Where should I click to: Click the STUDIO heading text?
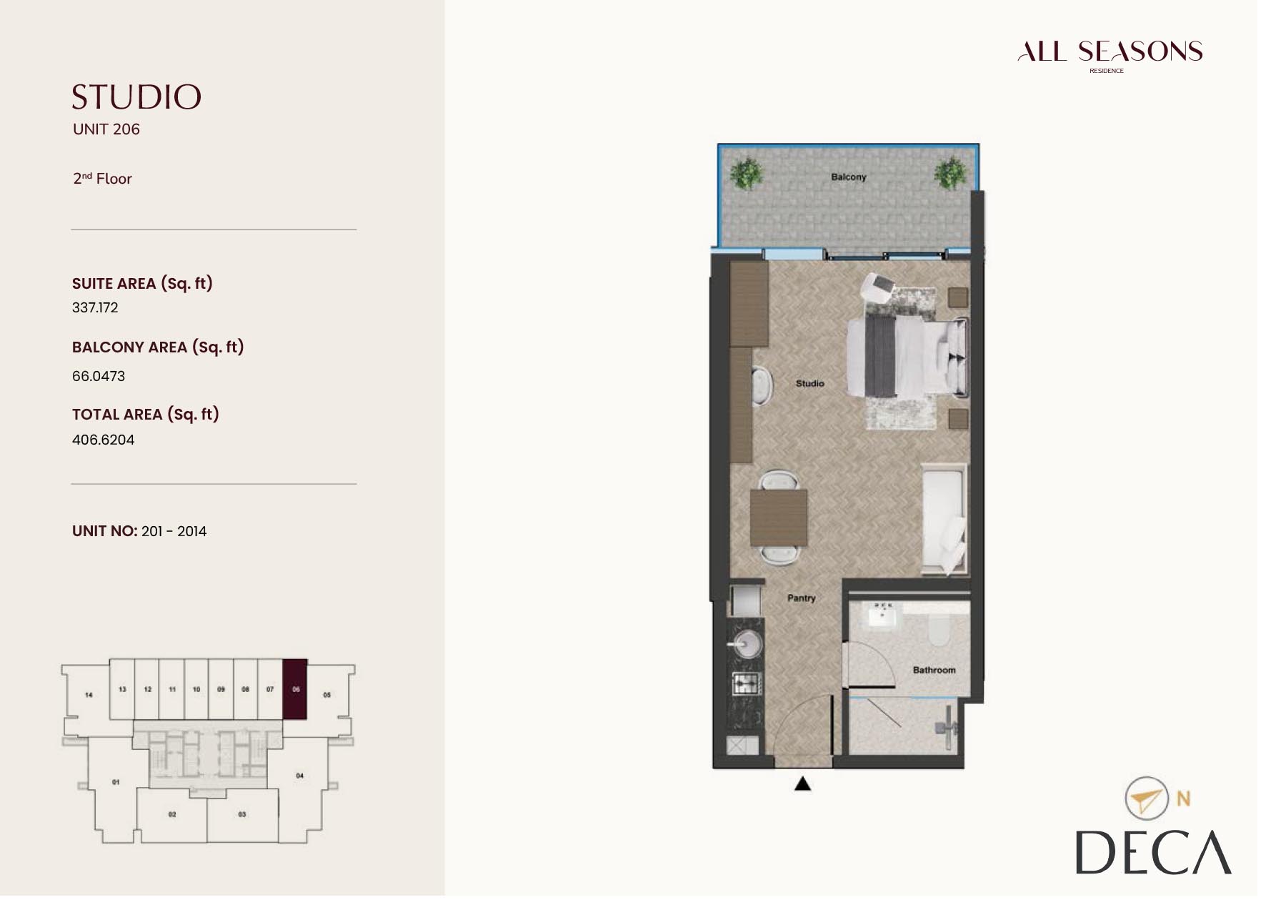coord(136,97)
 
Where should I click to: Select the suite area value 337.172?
coord(95,307)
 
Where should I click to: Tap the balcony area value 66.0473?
coord(99,376)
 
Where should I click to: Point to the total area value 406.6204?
coord(103,440)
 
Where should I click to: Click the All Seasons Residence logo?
coord(1110,54)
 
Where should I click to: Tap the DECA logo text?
coord(1152,852)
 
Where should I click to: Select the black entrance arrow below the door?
coord(802,784)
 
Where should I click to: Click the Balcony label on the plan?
coord(848,177)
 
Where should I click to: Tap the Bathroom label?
coord(933,670)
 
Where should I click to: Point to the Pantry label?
coord(801,598)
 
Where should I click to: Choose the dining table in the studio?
coord(778,517)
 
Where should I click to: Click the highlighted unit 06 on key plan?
coord(295,689)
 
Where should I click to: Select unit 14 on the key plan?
coord(89,694)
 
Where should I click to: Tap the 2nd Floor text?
coord(102,179)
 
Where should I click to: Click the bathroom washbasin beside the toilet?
coord(884,617)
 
